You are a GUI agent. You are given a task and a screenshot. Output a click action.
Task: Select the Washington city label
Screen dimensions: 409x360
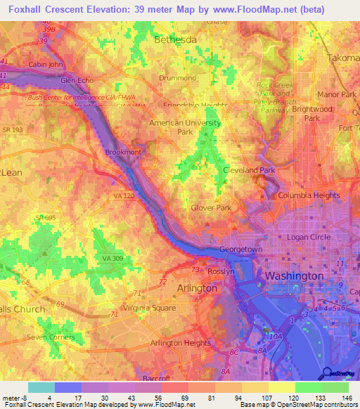[293, 276]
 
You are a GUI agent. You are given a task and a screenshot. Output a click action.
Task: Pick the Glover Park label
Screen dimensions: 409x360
[212, 207]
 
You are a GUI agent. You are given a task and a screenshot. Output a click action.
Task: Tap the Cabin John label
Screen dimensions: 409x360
[46, 65]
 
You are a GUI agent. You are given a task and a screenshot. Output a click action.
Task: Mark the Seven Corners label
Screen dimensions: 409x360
[50, 337]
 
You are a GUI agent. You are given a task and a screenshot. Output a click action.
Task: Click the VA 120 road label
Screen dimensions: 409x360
[122, 197]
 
